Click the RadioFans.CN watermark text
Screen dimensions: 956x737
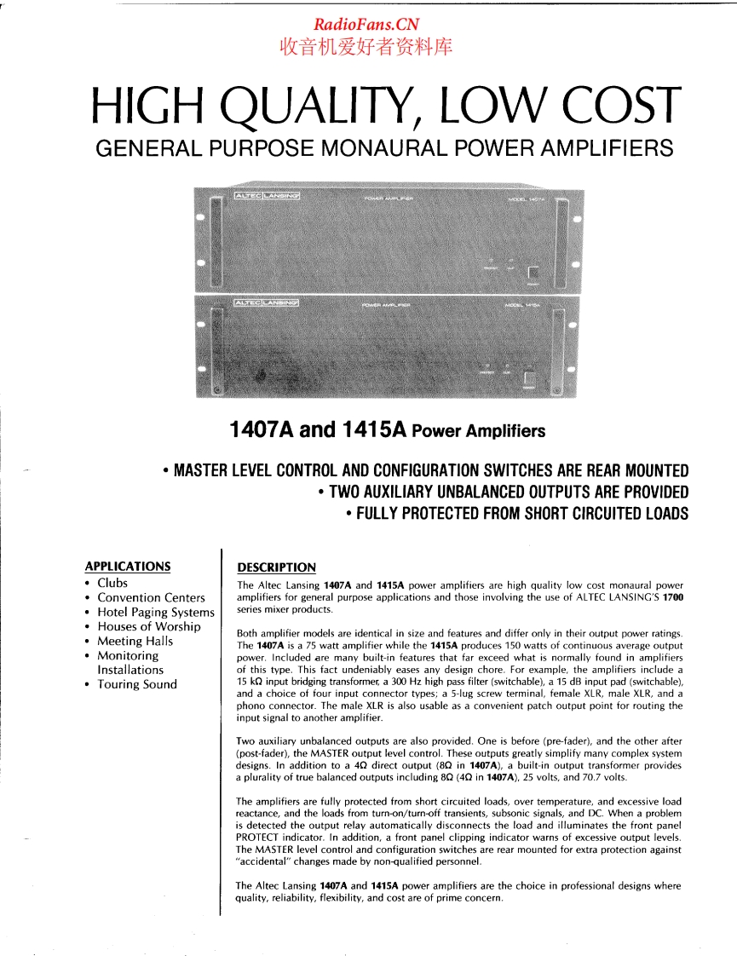click(x=366, y=26)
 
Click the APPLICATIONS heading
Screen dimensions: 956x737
click(x=128, y=566)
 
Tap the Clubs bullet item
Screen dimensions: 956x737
click(x=112, y=583)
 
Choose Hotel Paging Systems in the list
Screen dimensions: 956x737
click(x=155, y=612)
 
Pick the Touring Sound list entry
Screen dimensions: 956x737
click(x=137, y=684)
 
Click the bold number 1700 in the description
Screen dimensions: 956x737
click(x=672, y=597)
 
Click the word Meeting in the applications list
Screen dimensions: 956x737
click(x=121, y=641)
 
